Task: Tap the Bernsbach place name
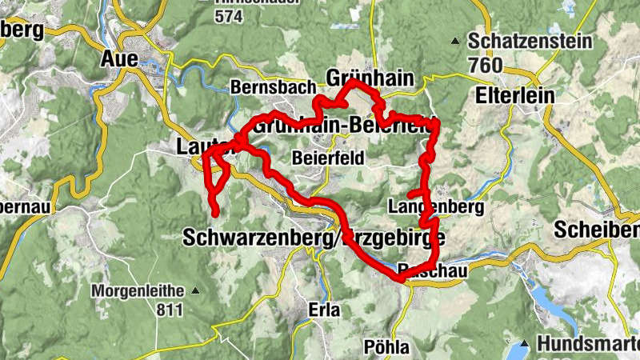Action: tap(265, 86)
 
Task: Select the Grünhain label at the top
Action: tap(373, 77)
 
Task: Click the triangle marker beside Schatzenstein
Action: tap(456, 40)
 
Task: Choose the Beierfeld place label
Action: tap(327, 158)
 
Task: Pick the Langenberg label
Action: tap(437, 207)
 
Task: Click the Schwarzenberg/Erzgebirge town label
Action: tap(312, 238)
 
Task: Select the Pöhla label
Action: tap(386, 346)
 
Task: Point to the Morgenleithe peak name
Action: tap(137, 290)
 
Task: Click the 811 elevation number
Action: tap(170, 310)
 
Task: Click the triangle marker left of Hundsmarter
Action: tap(524, 344)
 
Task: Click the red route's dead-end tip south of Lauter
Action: tap(216, 212)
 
